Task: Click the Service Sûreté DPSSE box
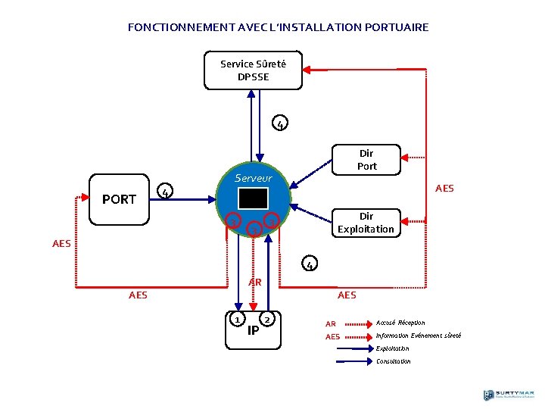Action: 253,70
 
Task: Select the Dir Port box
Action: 366,160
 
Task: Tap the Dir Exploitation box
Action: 366,223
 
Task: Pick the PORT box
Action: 119,199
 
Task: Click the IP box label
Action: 254,329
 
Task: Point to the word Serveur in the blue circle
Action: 253,179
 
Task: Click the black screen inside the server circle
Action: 252,198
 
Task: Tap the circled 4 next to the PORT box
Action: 165,191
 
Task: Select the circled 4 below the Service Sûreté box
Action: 280,123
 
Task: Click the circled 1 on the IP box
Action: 238,320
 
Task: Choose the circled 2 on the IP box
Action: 268,320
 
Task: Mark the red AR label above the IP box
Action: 255,282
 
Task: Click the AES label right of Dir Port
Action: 444,188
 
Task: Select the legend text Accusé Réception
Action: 400,323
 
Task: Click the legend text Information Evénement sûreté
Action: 418,336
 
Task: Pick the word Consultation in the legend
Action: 393,361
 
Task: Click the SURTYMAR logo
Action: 509,395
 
